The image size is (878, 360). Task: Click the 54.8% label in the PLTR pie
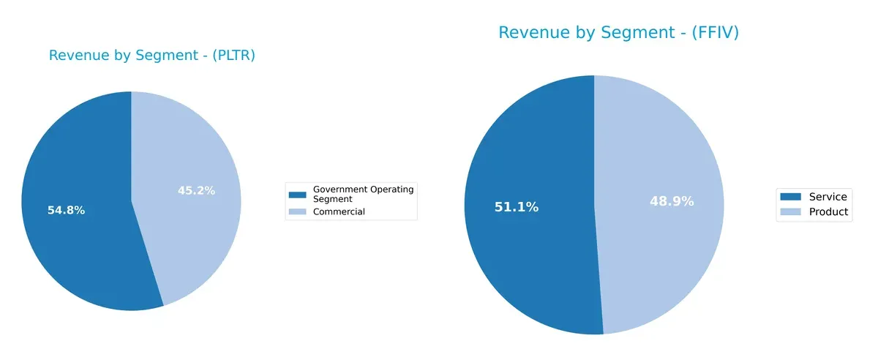click(66, 210)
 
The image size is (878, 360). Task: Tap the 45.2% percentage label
click(196, 190)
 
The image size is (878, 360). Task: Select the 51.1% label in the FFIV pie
click(516, 207)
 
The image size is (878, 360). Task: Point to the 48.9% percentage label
click(672, 201)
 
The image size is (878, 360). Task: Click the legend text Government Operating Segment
click(363, 194)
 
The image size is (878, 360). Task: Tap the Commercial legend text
click(339, 211)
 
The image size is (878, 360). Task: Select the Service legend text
click(828, 196)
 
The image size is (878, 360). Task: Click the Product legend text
click(828, 211)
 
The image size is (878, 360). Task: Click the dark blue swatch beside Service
click(791, 196)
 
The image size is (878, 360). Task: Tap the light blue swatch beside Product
click(791, 211)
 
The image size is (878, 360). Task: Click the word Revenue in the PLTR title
click(75, 56)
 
